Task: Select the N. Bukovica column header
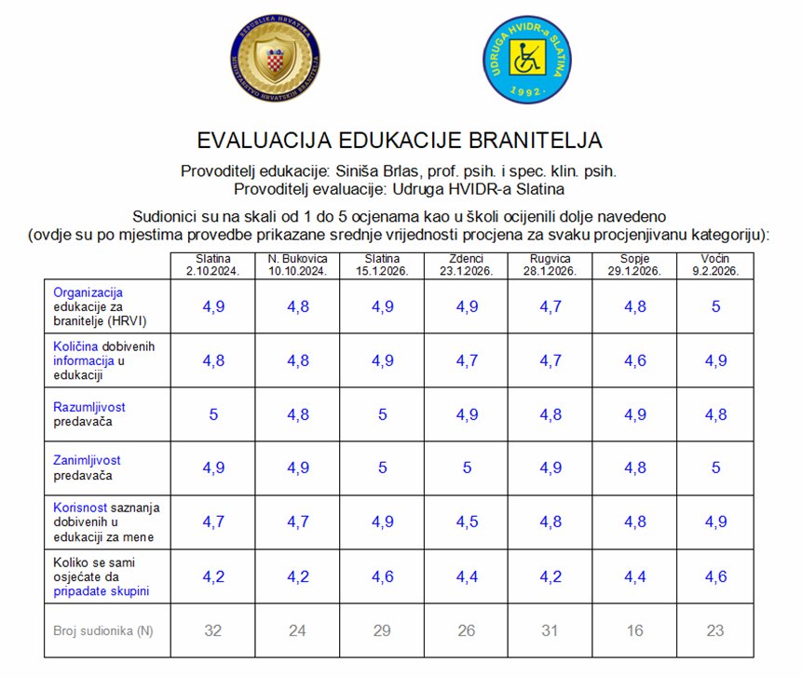(x=297, y=264)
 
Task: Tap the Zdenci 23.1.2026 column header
(x=467, y=264)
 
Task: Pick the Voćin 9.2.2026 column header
(x=715, y=264)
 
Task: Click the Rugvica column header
(x=550, y=264)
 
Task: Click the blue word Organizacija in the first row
(x=88, y=292)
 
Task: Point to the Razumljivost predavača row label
(x=88, y=414)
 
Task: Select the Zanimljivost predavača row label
(x=87, y=468)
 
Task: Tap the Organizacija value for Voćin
(x=715, y=306)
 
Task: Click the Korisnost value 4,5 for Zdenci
(x=467, y=522)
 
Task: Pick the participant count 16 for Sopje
(x=634, y=631)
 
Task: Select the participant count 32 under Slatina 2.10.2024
(x=213, y=631)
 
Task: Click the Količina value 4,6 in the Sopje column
(x=634, y=360)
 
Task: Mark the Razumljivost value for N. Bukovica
(x=297, y=414)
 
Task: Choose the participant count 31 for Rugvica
(x=550, y=631)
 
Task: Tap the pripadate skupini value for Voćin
(x=715, y=576)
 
